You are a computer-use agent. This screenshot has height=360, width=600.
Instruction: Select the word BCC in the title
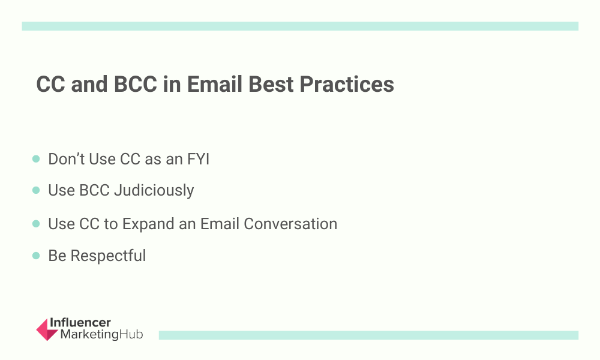click(x=136, y=84)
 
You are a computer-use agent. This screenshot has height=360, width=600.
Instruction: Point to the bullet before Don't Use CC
click(x=36, y=159)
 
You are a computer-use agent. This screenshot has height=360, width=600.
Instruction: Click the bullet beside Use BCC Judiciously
click(x=36, y=190)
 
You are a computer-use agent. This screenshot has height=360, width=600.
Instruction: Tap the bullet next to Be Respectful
click(x=36, y=256)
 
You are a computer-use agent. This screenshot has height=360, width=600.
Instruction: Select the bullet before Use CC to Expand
click(x=36, y=224)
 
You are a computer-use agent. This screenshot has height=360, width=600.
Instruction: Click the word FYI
click(x=198, y=159)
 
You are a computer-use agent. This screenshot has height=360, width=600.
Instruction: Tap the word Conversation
click(x=290, y=224)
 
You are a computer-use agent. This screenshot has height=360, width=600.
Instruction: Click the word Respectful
click(x=108, y=256)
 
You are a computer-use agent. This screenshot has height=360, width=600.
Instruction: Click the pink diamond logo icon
click(x=47, y=329)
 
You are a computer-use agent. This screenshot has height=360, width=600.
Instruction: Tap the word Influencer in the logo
click(x=80, y=323)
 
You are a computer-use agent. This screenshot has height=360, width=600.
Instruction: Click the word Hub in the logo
click(x=131, y=334)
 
